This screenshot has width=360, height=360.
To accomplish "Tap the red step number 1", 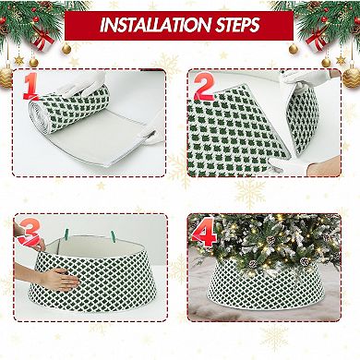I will pyautogui.click(x=31, y=85).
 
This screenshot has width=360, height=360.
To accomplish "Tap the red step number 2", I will pyautogui.click(x=204, y=85).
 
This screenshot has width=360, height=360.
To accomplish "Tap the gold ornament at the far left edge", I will pyautogui.click(x=8, y=73).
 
